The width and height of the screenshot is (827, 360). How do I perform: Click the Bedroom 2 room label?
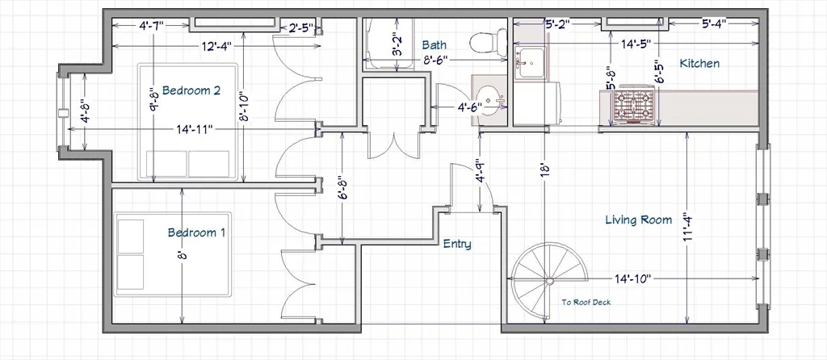[191, 90]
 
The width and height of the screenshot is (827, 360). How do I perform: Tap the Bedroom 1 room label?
[196, 232]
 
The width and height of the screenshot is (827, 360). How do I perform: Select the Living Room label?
[638, 220]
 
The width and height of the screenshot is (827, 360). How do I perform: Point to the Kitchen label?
[699, 64]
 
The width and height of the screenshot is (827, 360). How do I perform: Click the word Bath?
[434, 45]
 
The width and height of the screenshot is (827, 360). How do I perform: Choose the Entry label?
[457, 244]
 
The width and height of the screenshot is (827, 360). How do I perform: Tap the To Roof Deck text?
[586, 302]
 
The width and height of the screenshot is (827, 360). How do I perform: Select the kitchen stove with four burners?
[633, 106]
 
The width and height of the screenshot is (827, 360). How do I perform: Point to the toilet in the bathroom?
[481, 42]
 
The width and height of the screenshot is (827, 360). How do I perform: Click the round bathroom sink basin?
[489, 100]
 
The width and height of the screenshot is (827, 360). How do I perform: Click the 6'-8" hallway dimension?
[342, 187]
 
